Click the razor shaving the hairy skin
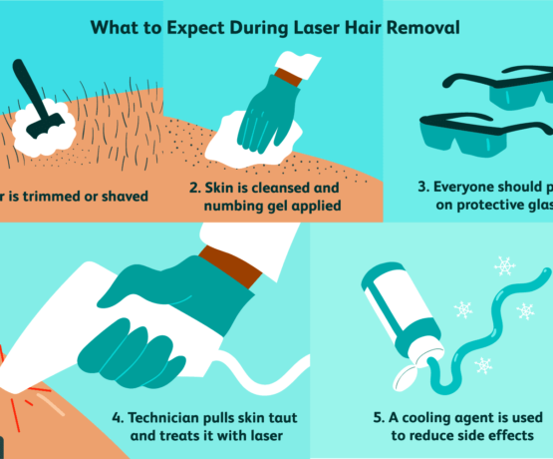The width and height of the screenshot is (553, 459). pos(35,100)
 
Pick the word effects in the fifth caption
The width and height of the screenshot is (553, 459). pos(523,436)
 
